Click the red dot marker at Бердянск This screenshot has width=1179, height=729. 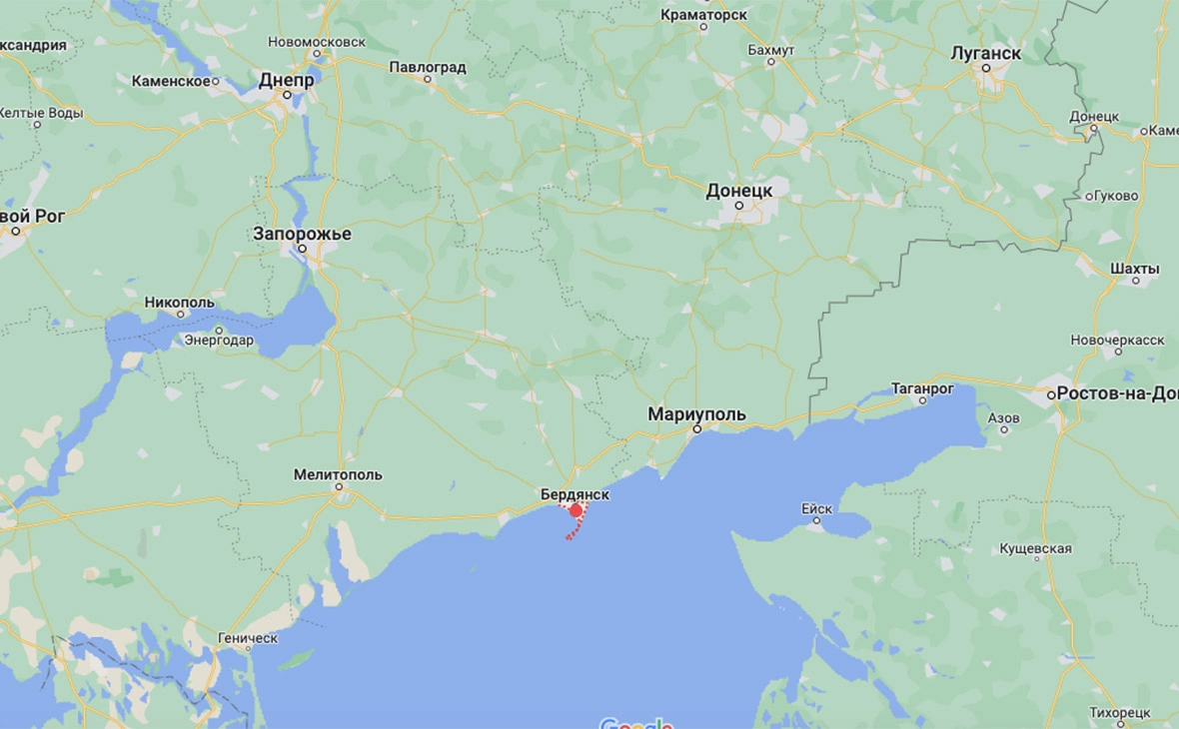pyautogui.click(x=576, y=510)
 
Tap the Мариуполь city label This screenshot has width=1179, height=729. pyautogui.click(x=696, y=413)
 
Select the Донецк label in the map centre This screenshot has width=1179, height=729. pyautogui.click(x=739, y=190)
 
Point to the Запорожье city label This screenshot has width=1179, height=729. pyautogui.click(x=302, y=234)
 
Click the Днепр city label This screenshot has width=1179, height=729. pyautogui.click(x=286, y=80)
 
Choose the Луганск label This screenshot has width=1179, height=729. pyautogui.click(x=985, y=53)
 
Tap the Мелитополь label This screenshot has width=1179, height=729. pyautogui.click(x=338, y=474)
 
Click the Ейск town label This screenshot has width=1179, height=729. pyautogui.click(x=816, y=508)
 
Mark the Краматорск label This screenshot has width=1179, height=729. pyautogui.click(x=703, y=15)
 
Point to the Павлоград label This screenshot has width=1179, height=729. pyautogui.click(x=428, y=67)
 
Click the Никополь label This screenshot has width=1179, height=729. pyautogui.click(x=180, y=302)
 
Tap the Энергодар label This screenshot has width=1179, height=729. pyautogui.click(x=219, y=340)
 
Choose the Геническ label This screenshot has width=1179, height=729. pyautogui.click(x=248, y=637)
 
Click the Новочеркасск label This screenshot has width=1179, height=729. pyautogui.click(x=1117, y=340)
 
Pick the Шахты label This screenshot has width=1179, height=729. pyautogui.click(x=1135, y=268)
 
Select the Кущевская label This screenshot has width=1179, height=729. pyautogui.click(x=1036, y=548)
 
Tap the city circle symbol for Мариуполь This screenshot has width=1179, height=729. pyautogui.click(x=697, y=428)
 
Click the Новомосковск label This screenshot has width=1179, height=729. pyautogui.click(x=317, y=42)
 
